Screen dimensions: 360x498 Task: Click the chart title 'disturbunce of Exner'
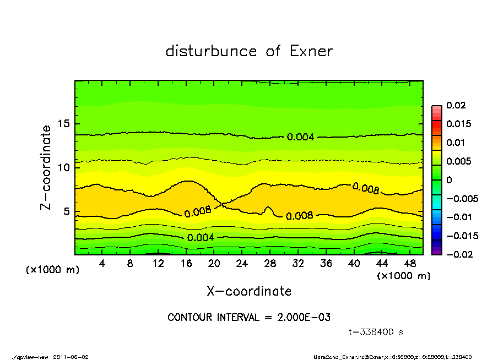tap(249, 51)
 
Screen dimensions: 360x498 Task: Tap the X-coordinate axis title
tap(249, 291)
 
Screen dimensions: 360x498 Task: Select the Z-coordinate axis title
tap(46, 167)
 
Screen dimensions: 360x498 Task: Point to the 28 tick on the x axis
tap(270, 264)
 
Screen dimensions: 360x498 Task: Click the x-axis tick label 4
tap(102, 264)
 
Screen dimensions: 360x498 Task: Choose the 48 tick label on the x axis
tap(410, 264)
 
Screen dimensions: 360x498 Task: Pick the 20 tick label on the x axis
tap(214, 264)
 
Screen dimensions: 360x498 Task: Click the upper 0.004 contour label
tap(300, 137)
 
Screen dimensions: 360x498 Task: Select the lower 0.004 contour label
tap(201, 237)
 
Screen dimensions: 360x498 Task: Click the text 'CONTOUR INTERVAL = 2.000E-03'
tap(249, 318)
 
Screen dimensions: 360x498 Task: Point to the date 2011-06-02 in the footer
tap(71, 357)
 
